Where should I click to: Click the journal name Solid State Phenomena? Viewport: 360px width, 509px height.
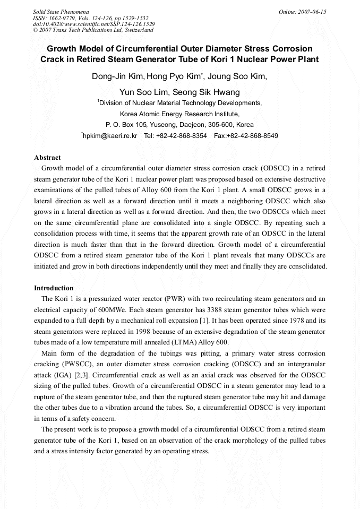pos(61,12)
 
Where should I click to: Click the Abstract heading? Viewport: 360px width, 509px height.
pos(47,158)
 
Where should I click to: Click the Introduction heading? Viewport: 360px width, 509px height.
pos(54,288)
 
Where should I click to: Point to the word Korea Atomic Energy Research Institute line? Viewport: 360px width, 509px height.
pos(179,114)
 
